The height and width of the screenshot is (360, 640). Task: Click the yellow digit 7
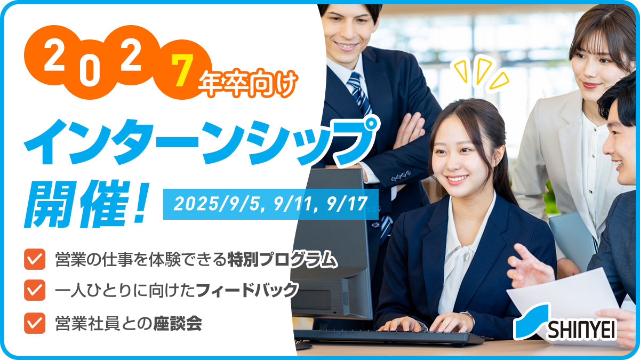point(182,70)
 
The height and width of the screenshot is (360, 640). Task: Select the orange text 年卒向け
point(248,83)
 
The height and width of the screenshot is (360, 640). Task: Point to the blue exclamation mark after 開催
point(142,203)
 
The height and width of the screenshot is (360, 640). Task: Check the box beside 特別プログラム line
point(35,259)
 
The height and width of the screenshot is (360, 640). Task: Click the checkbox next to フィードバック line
point(35,290)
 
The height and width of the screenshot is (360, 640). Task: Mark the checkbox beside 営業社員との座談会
point(35,323)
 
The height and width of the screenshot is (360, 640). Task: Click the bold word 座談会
point(178,323)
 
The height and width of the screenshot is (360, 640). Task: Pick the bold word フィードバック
point(247,290)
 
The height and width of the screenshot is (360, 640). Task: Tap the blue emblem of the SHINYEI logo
point(531,322)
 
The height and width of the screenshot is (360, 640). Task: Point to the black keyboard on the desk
point(389,337)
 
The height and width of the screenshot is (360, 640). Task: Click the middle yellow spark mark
point(483,70)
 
